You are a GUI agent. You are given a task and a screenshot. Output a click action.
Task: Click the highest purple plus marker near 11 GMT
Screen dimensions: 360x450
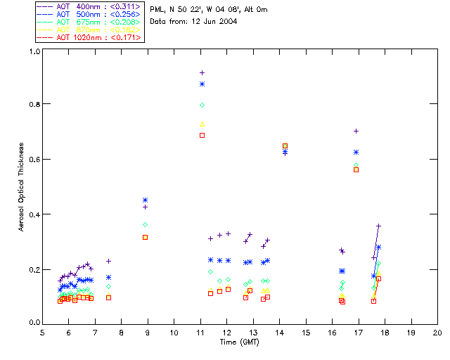pyautogui.click(x=202, y=72)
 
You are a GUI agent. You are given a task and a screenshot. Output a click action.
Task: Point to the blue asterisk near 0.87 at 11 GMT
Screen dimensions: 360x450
pyautogui.click(x=202, y=84)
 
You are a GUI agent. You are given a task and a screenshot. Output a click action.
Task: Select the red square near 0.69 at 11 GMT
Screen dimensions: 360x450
pyautogui.click(x=202, y=135)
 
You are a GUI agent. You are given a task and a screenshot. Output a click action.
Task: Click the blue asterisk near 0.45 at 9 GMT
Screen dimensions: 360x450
pyautogui.click(x=145, y=200)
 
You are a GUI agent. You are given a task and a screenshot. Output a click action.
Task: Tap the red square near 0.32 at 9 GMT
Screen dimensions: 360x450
pyautogui.click(x=145, y=237)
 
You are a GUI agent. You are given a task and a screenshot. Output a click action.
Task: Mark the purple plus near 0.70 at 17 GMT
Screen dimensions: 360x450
pyautogui.click(x=356, y=131)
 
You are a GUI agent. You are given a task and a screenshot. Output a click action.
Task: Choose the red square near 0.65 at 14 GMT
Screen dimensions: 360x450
pyautogui.click(x=285, y=146)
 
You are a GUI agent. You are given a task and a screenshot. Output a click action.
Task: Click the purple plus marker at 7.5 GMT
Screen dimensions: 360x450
pyautogui.click(x=108, y=261)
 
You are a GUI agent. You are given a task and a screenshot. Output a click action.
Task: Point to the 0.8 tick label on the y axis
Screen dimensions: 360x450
pyautogui.click(x=32, y=104)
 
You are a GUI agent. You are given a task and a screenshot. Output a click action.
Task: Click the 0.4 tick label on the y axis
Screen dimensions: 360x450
pyautogui.click(x=32, y=214)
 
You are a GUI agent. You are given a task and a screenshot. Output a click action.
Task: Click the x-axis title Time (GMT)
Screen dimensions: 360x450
pyautogui.click(x=240, y=341)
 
